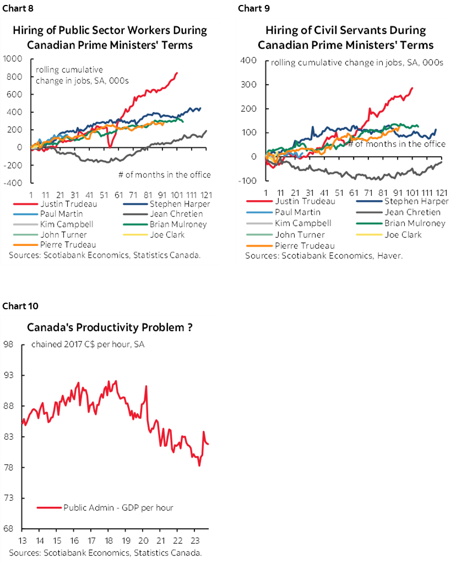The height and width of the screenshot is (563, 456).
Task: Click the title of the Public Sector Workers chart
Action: pos(110,37)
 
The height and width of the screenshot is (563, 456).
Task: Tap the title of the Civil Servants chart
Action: pos(345,37)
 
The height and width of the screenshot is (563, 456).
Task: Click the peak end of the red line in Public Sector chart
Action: pos(176,73)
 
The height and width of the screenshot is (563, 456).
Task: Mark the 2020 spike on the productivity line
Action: pos(146,386)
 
